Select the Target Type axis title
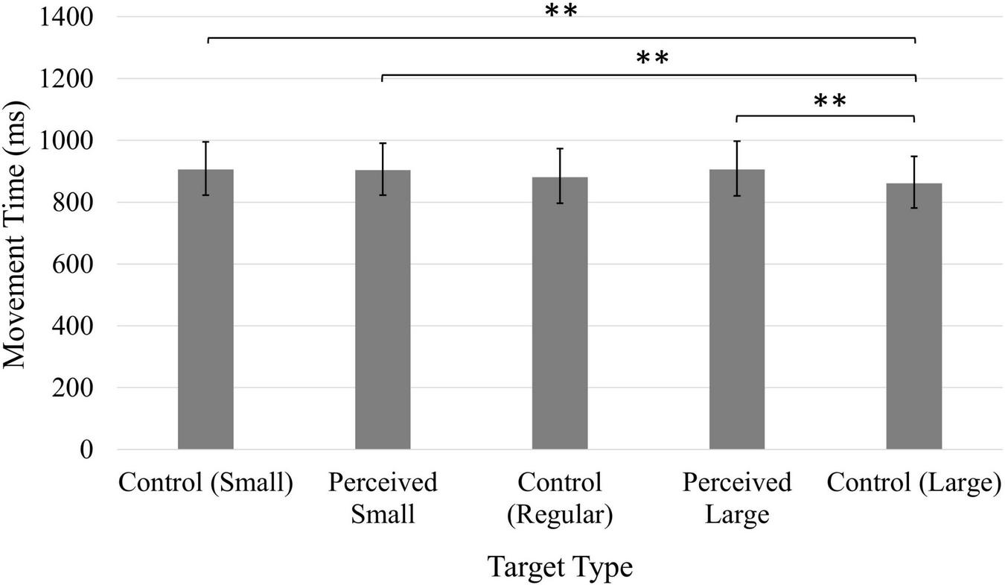pos(560,568)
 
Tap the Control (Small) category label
pos(205,484)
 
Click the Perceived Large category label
pos(737,499)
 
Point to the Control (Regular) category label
pos(560,499)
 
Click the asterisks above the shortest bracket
pos(830,101)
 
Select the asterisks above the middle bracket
pos(653,58)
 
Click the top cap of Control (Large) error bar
pos(914,156)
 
